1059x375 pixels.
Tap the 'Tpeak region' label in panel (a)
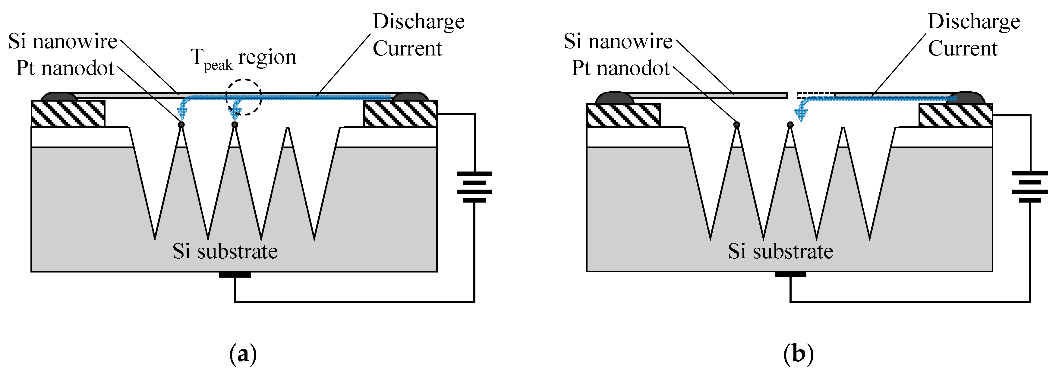(x=243, y=58)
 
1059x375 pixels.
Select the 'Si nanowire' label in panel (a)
(x=63, y=41)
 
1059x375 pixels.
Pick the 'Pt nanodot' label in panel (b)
(x=621, y=68)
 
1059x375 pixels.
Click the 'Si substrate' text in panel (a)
(x=225, y=251)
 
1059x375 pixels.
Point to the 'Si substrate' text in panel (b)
(x=780, y=251)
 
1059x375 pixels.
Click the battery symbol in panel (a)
(x=474, y=187)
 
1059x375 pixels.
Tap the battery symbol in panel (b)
(x=1030, y=187)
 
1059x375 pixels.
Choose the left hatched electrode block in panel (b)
(x=623, y=115)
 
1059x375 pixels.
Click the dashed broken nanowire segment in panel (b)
(x=815, y=95)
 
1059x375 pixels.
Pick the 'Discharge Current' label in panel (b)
(x=973, y=35)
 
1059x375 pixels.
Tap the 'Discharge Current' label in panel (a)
(x=418, y=35)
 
